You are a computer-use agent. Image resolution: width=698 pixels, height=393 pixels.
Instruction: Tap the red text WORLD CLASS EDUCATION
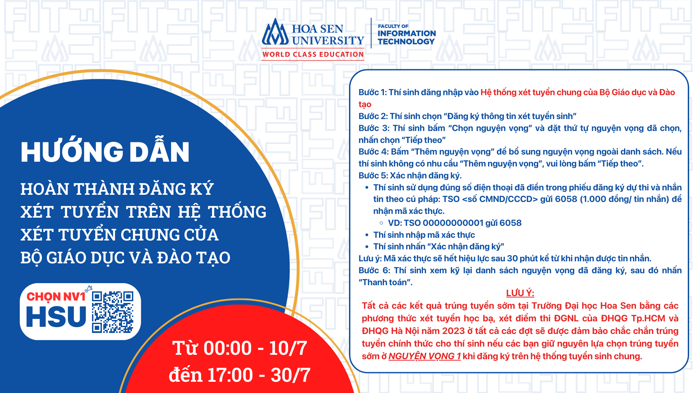(x=313, y=54)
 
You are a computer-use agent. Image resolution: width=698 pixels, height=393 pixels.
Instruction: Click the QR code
(x=112, y=312)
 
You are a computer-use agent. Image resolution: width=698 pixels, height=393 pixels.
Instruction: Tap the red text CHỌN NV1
(x=56, y=297)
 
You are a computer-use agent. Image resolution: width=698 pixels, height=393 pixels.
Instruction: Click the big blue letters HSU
(x=56, y=316)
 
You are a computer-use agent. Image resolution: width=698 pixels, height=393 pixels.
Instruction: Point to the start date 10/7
(x=288, y=348)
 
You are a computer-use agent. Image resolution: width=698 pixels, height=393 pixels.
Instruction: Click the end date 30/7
(x=290, y=375)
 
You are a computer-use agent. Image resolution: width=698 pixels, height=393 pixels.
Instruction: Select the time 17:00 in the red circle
(x=230, y=375)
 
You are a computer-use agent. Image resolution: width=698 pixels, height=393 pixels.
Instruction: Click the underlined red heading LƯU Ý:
(x=520, y=293)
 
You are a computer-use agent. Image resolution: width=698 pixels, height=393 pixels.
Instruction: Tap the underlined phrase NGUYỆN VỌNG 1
(x=425, y=356)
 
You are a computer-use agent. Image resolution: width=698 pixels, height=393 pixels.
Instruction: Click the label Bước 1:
(x=373, y=92)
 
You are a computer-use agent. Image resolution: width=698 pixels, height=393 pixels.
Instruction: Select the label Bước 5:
(x=373, y=175)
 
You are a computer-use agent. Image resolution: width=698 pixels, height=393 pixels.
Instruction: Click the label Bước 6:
(x=374, y=271)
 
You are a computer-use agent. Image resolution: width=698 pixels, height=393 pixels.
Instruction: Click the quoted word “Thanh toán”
(x=385, y=282)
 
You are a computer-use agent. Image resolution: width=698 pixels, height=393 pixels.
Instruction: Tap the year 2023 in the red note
(x=453, y=331)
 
